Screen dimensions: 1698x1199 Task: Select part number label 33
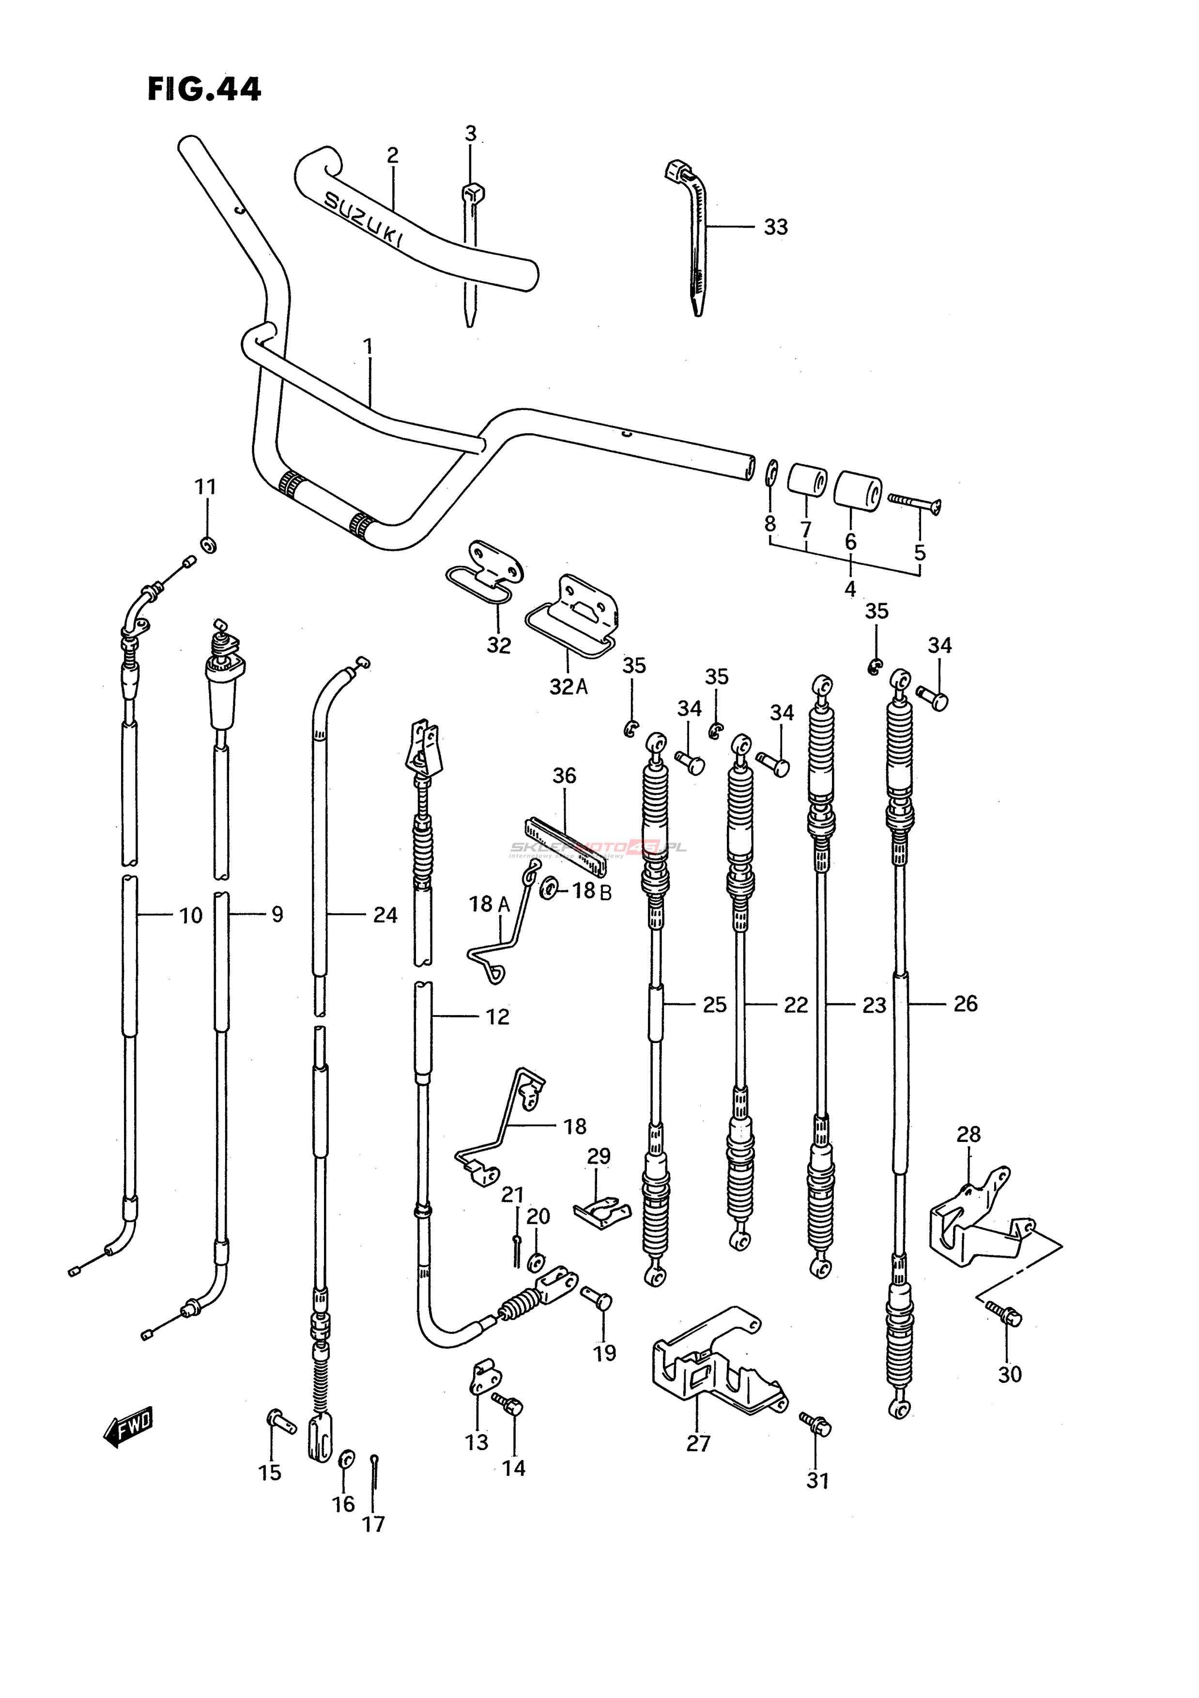pyautogui.click(x=775, y=227)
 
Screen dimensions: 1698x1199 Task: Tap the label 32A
pyautogui.click(x=568, y=687)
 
